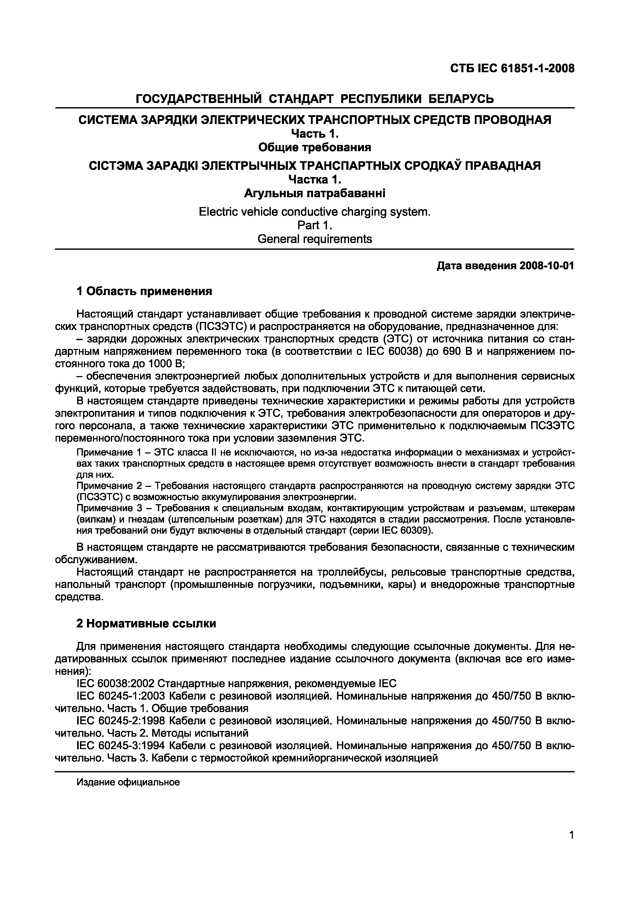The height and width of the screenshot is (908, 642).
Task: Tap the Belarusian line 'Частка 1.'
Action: pos(315,180)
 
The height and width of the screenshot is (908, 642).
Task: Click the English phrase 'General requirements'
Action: pos(315,239)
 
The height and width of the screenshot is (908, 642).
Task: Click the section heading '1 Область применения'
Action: pos(144,291)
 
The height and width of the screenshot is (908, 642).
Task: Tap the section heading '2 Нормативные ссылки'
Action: pos(146,624)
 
